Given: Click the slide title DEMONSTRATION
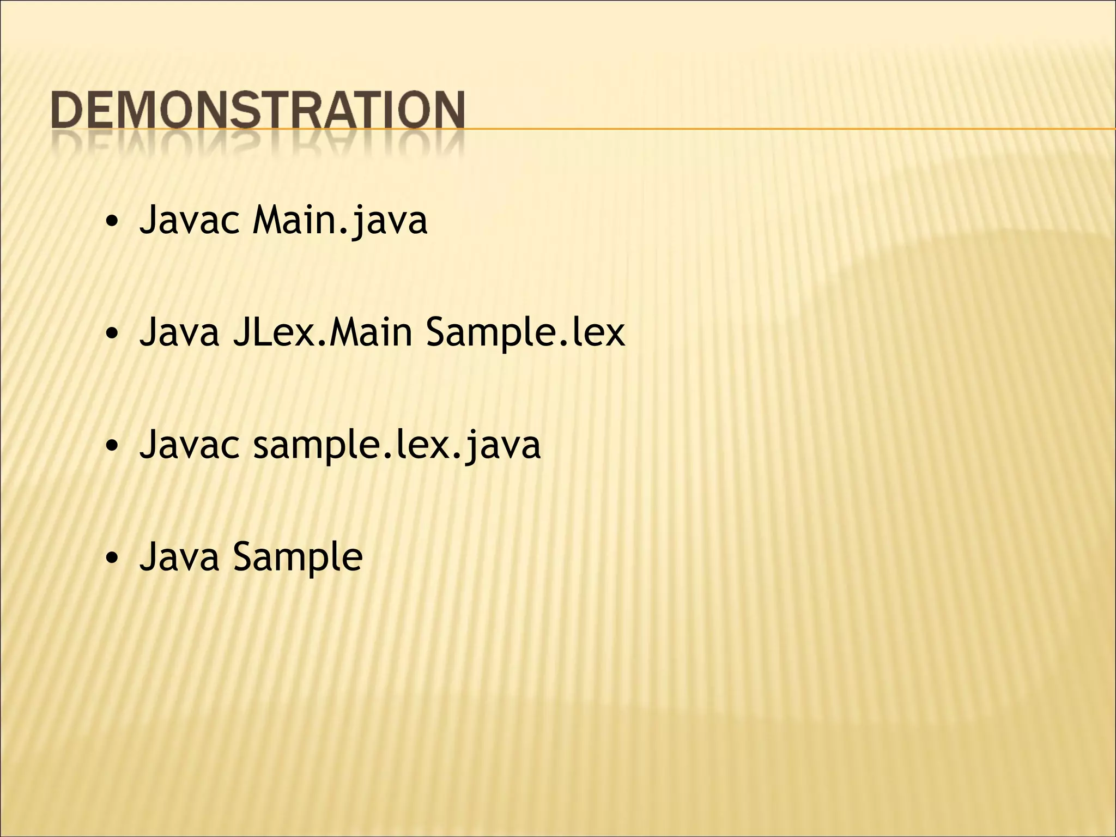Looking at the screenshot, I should (258, 111).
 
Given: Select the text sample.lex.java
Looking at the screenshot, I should (397, 444).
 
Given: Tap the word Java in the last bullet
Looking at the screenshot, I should (179, 556).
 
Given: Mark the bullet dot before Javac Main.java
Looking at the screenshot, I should (112, 222).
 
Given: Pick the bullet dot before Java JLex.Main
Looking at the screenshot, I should (112, 334).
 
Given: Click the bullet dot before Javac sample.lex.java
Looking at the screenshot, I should (112, 446).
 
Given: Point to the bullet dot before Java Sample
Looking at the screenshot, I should (112, 559).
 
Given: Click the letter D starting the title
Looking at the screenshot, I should (68, 111).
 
